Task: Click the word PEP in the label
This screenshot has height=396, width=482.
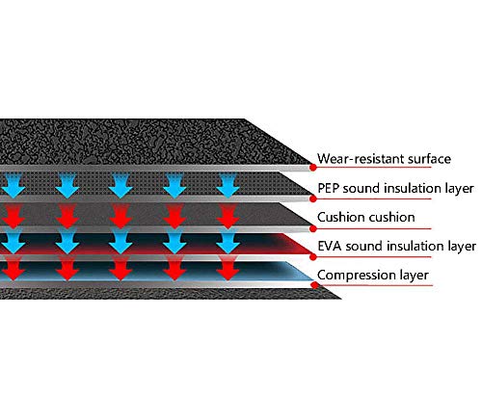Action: click(329, 188)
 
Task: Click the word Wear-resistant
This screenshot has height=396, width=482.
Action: click(361, 159)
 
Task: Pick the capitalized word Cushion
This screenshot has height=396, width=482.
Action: click(340, 218)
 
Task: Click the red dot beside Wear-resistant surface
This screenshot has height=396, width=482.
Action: click(313, 167)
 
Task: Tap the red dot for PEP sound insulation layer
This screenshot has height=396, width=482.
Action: click(313, 198)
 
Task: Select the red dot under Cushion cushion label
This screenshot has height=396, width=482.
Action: click(313, 228)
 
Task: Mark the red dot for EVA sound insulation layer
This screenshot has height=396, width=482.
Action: click(313, 256)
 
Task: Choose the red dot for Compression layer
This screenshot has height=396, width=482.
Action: click(314, 285)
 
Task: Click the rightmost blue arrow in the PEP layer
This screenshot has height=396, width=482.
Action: click(228, 185)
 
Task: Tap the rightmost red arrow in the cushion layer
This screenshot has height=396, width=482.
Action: click(228, 216)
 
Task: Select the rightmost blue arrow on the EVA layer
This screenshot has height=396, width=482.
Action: click(228, 243)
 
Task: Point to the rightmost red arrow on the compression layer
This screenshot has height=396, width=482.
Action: click(228, 269)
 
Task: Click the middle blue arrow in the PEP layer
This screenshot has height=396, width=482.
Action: click(120, 185)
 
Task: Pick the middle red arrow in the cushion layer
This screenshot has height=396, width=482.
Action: click(120, 216)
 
